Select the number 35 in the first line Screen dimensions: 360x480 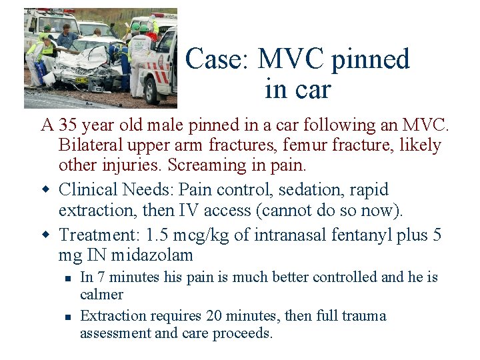pos(67,125)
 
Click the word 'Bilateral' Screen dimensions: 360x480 pos(87,145)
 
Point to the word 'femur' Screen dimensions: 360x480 pos(309,145)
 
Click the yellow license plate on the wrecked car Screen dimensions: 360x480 pos(81,81)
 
